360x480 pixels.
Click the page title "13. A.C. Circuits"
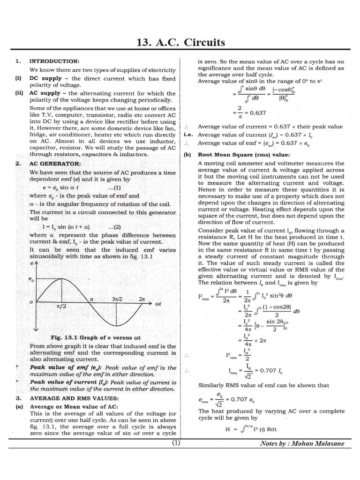(180, 43)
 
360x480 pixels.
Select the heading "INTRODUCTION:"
(54, 61)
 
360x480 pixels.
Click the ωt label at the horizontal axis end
(158, 304)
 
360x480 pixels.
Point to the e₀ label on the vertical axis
(32, 280)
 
